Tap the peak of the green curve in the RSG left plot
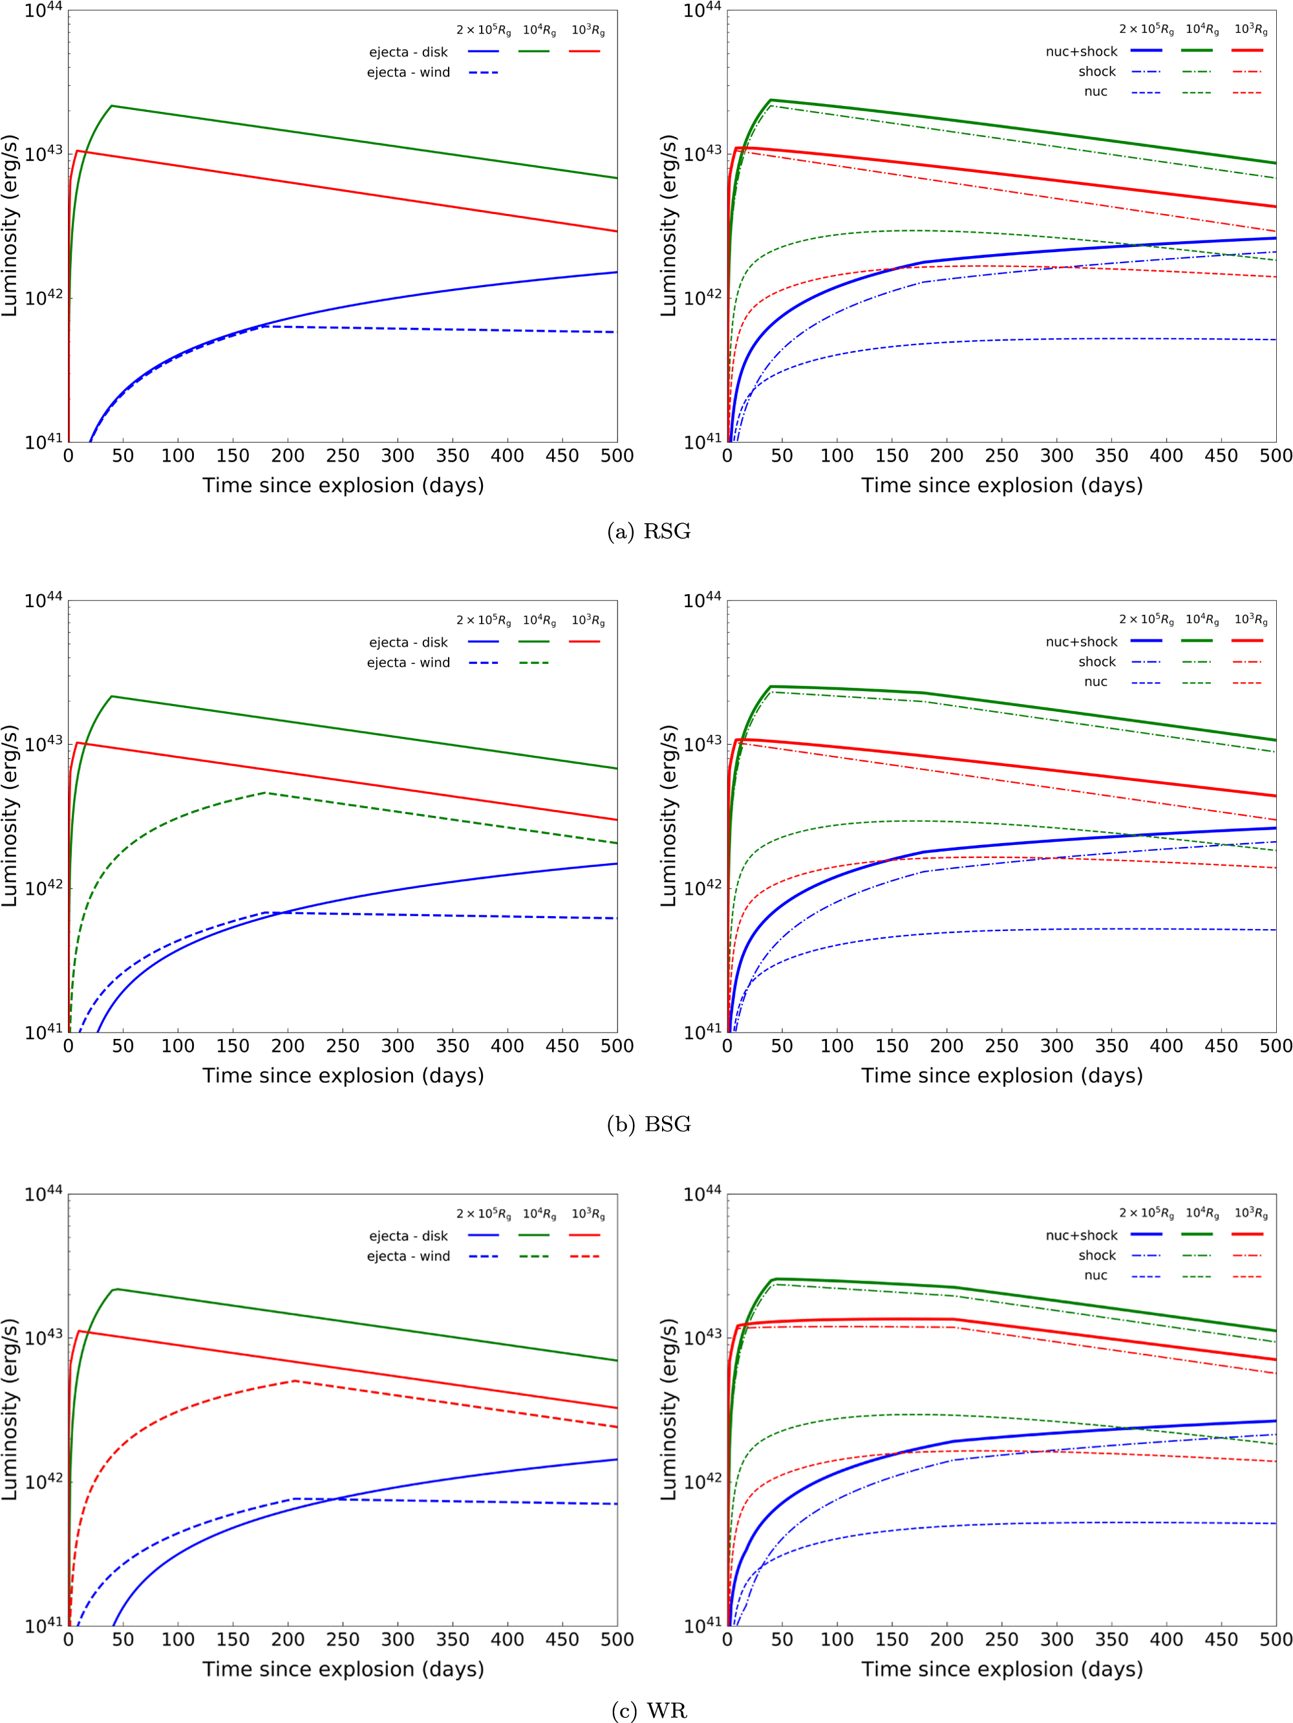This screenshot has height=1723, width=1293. (111, 106)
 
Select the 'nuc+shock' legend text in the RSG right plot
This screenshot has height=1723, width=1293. (1081, 52)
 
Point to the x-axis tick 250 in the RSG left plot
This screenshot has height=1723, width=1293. (343, 456)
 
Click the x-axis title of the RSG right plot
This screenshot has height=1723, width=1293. (1001, 486)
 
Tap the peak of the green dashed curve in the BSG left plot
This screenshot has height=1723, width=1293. (266, 793)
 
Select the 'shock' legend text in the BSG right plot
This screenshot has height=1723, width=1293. (1096, 662)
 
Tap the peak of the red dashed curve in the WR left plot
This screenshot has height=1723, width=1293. (294, 1381)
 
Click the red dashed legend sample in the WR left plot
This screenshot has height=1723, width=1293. (584, 1256)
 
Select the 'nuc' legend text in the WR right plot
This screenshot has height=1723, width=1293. (1095, 1275)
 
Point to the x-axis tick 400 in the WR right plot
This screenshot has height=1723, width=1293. (1166, 1640)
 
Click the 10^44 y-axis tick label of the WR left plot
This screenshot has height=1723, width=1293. (43, 1195)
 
